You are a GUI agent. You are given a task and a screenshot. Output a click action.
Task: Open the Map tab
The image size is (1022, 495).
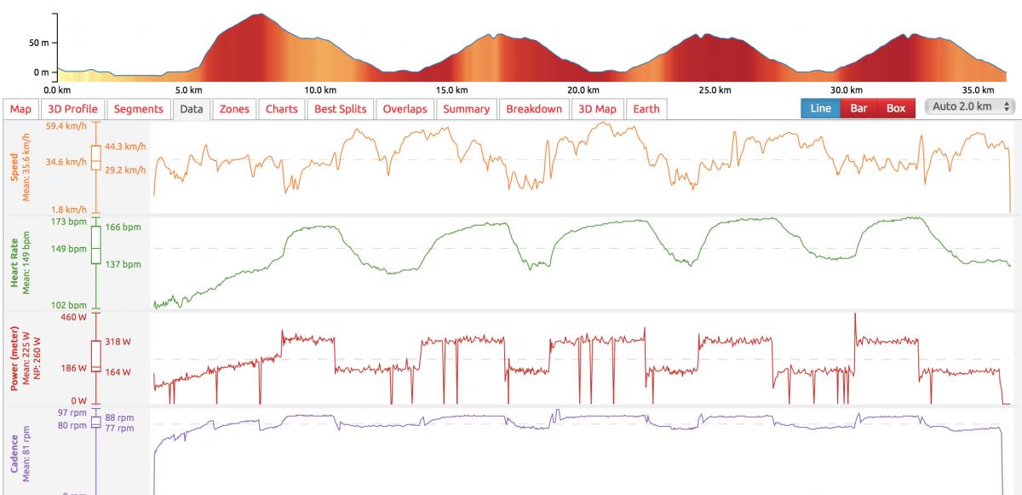tap(20, 109)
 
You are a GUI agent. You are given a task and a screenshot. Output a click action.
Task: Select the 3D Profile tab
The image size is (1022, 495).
tap(72, 109)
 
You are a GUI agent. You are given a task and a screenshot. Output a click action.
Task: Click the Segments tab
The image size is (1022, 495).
tap(138, 109)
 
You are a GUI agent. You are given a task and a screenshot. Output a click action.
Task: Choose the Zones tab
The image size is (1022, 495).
tap(234, 109)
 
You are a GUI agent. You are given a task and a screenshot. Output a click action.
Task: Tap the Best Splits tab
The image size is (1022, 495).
tap(340, 109)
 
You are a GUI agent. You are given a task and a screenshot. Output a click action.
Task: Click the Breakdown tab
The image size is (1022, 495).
tap(534, 109)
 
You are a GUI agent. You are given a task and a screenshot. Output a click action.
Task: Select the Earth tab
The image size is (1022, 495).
tap(646, 109)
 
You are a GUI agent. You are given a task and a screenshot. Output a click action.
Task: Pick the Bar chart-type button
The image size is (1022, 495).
tap(858, 108)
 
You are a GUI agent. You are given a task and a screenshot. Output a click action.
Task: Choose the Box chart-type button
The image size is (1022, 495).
tap(896, 108)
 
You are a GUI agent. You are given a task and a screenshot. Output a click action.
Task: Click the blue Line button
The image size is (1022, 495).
tap(820, 108)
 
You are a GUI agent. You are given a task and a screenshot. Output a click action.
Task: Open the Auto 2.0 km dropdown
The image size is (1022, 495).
tap(969, 107)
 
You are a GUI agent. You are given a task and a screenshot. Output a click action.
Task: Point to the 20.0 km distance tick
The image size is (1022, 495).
tap(583, 90)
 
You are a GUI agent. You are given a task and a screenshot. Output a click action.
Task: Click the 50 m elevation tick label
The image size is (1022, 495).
tap(38, 43)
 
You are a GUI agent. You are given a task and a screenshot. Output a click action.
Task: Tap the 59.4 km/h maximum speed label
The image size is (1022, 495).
tap(66, 127)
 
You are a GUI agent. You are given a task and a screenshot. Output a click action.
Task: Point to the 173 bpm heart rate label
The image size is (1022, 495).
tap(68, 222)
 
